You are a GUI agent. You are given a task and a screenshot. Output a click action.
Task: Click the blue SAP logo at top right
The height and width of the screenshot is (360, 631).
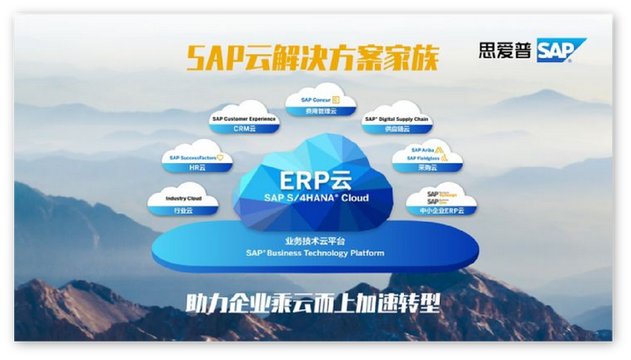[561, 52]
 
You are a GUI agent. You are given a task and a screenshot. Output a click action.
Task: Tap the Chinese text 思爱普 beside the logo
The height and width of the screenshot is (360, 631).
[505, 51]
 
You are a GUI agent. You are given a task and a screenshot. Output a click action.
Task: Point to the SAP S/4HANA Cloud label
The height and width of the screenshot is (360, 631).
[315, 198]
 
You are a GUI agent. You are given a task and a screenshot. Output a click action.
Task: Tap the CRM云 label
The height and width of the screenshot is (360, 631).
[243, 129]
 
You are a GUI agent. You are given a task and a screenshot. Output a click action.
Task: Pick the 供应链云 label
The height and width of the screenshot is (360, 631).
[396, 130]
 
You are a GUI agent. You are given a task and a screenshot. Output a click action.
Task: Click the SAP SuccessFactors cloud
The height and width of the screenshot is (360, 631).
[193, 157]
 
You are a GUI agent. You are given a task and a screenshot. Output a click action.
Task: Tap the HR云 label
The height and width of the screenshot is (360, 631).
[192, 167]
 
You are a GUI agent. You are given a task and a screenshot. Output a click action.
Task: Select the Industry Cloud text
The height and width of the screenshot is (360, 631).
[183, 199]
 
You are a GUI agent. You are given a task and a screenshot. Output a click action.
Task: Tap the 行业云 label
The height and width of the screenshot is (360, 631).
[183, 210]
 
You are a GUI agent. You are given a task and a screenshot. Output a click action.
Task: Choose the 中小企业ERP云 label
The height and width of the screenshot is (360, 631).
[440, 210]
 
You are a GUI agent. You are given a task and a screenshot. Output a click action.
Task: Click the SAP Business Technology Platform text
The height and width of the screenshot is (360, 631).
[315, 253]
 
